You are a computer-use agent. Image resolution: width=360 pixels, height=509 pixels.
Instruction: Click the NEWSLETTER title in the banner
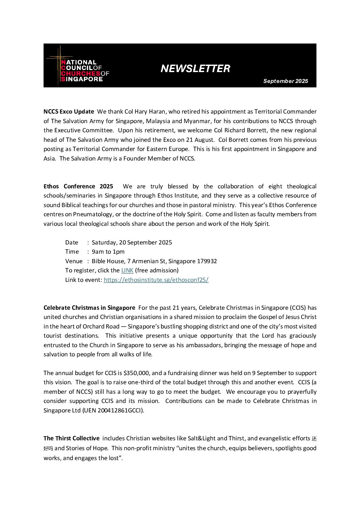[195, 69]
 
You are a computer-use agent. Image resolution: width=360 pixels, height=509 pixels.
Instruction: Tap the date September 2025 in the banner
[285, 81]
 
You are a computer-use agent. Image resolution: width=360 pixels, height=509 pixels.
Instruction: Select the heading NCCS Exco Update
[69, 112]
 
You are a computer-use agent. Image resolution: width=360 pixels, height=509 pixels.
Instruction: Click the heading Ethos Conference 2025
[78, 186]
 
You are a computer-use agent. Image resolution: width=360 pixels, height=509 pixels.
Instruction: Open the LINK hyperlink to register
[127, 270]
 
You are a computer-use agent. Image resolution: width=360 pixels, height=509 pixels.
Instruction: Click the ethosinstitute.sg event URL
[156, 280]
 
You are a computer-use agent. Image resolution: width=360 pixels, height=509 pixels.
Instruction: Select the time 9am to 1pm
[108, 252]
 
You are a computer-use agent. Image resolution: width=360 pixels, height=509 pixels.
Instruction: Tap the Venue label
[74, 261]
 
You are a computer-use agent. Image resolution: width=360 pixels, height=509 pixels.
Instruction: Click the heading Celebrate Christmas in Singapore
[89, 308]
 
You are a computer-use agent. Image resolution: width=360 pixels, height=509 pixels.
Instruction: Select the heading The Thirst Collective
[71, 438]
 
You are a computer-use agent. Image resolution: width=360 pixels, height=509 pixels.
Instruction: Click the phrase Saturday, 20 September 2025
[132, 242]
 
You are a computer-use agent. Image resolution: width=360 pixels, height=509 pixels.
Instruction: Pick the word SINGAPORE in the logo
[82, 79]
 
